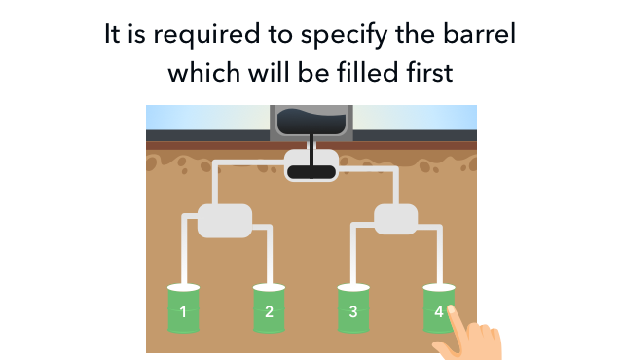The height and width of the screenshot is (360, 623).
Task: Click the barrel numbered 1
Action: click(183, 308)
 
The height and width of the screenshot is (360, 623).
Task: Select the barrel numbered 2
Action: click(269, 308)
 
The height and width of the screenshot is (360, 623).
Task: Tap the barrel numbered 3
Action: click(353, 308)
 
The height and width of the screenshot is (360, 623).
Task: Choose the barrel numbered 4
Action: click(439, 308)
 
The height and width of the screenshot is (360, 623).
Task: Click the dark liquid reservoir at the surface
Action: click(311, 122)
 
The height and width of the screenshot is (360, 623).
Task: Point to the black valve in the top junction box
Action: click(311, 172)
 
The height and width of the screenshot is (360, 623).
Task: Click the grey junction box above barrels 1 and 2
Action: click(225, 221)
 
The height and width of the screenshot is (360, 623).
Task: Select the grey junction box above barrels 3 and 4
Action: click(396, 219)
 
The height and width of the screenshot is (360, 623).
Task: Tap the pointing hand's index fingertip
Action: click(451, 308)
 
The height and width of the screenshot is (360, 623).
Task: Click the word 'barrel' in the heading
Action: click(479, 34)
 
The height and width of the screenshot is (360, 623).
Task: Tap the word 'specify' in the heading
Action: click(344, 36)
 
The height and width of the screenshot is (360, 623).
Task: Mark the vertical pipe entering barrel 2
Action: click(270, 255)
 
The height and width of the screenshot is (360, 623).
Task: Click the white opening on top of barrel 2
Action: click(269, 288)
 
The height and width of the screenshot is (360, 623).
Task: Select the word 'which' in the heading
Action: click(203, 73)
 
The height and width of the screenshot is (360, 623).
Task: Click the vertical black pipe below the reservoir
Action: click(311, 150)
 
